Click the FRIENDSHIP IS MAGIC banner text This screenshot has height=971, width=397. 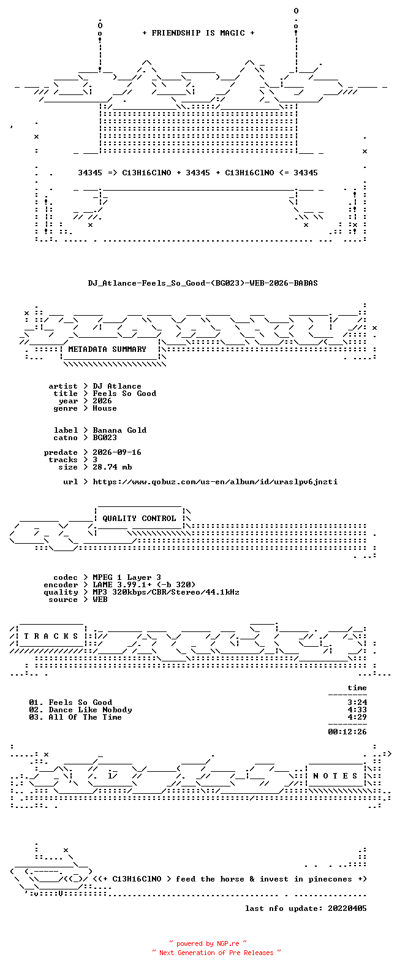pos(198,33)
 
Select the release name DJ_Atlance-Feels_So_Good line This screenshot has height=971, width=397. pos(203,283)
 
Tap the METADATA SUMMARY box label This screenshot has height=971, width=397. pos(107,349)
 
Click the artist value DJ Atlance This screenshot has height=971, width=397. pos(117,386)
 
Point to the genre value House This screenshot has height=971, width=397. pos(104,408)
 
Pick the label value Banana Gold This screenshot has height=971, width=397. pos(119,430)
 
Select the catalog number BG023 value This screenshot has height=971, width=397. pos(104,438)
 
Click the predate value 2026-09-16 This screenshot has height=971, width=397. pos(117,452)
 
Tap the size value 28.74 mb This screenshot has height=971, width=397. pos(112,467)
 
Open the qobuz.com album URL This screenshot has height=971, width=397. pos(216,482)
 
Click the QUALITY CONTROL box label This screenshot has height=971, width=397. pos(139,519)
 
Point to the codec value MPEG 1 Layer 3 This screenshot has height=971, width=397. pos(127,577)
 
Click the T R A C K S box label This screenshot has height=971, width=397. pos(51,636)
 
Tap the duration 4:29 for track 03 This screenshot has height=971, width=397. pos(357,717)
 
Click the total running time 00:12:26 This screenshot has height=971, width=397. pos(347,732)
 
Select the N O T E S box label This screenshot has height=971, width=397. pos(336,776)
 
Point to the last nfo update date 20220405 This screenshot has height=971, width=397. pos(347,908)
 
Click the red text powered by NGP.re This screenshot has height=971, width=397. pos(208,943)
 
